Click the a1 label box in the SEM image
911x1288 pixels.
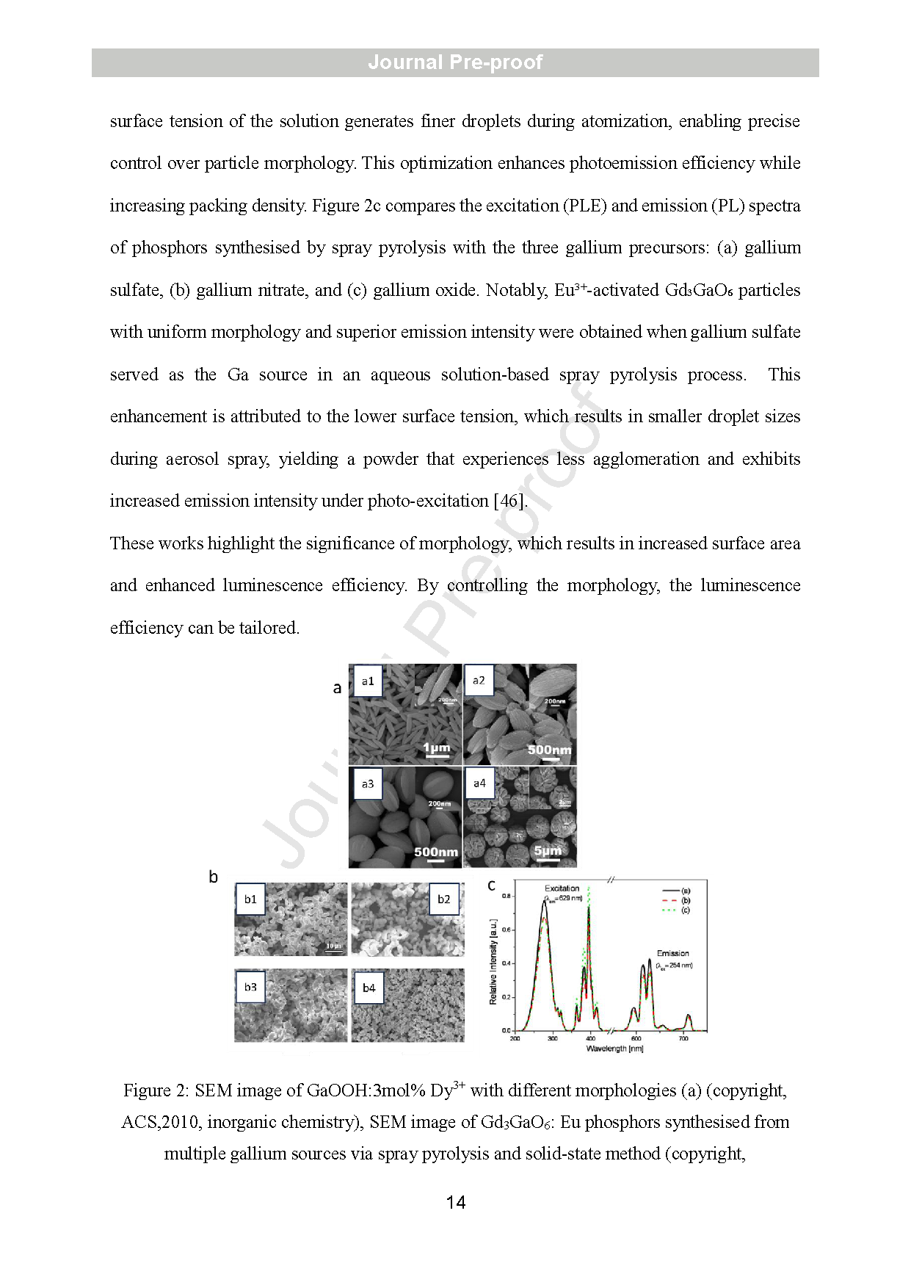(368, 681)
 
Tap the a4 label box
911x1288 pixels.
(479, 784)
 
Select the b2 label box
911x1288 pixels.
(444, 900)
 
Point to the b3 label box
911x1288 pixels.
(250, 987)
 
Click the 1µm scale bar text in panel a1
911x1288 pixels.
(437, 748)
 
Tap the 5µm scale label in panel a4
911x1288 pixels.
(548, 850)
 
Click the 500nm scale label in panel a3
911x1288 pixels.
(436, 852)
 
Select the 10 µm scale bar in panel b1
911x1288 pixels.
(334, 947)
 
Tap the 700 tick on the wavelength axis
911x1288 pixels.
(683, 1038)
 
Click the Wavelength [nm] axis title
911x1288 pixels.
(614, 1049)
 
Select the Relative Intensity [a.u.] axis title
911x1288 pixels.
(493, 961)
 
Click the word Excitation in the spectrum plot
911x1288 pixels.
(562, 889)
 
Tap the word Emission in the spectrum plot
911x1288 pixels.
(672, 953)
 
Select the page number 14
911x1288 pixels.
(455, 1202)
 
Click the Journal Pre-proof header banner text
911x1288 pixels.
(455, 62)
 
